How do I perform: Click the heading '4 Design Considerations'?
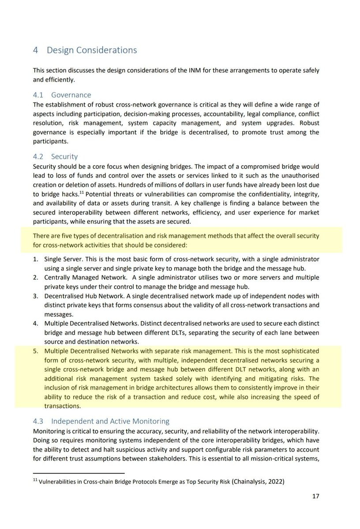point(85,50)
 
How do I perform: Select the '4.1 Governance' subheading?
point(62,95)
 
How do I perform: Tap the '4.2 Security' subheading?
point(55,156)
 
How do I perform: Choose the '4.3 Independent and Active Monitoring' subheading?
point(101,421)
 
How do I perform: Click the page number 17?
point(315,496)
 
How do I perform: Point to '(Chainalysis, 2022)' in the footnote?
point(258,481)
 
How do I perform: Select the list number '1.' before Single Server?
point(36,259)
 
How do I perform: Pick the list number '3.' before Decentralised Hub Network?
point(36,296)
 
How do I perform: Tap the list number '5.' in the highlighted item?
point(36,351)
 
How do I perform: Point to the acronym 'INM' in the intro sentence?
point(195,71)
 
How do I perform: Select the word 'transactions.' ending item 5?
point(62,406)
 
